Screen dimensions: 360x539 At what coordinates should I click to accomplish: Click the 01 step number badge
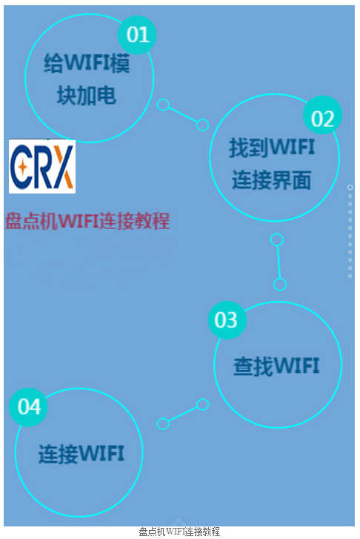click(x=137, y=35)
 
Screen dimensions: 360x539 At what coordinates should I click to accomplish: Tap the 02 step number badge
click(x=322, y=115)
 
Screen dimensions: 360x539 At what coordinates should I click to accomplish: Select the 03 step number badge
click(x=227, y=320)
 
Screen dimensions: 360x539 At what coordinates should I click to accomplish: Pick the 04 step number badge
click(x=28, y=407)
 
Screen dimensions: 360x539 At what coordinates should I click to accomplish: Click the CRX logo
click(x=42, y=166)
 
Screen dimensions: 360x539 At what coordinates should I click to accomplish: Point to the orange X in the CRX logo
click(x=64, y=167)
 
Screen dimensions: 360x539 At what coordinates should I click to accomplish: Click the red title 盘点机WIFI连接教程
click(x=87, y=221)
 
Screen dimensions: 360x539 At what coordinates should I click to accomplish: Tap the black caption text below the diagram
click(x=179, y=532)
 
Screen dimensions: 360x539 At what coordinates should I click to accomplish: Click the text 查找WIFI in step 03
click(x=276, y=366)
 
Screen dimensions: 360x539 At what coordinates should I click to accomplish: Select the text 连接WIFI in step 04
click(x=81, y=454)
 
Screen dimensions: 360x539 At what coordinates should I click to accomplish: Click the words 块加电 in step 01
click(x=87, y=95)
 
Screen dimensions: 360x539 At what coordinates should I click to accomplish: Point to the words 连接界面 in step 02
click(x=271, y=179)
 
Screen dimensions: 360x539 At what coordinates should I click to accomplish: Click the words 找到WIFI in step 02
click(x=272, y=148)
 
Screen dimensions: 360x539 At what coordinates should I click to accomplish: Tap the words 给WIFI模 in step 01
click(x=87, y=63)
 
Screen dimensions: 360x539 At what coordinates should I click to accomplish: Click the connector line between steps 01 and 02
click(x=183, y=115)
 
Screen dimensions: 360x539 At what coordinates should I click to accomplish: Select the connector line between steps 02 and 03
click(x=279, y=262)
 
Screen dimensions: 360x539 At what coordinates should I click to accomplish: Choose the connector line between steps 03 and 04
click(x=183, y=414)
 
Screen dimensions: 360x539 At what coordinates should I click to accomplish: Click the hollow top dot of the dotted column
click(x=350, y=188)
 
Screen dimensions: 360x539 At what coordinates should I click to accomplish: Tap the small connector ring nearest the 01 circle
click(x=163, y=105)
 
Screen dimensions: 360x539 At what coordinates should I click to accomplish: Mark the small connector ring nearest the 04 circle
click(x=163, y=424)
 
